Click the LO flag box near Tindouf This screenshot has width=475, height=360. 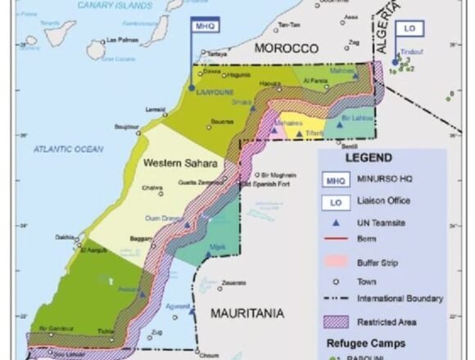(408, 27)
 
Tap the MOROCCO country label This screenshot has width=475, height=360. (285, 49)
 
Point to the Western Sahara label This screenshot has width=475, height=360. (180, 164)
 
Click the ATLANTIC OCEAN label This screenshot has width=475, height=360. (69, 149)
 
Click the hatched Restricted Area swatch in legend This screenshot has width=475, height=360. (336, 321)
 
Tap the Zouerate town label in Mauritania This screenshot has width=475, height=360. (233, 283)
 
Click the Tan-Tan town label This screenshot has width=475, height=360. (289, 25)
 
